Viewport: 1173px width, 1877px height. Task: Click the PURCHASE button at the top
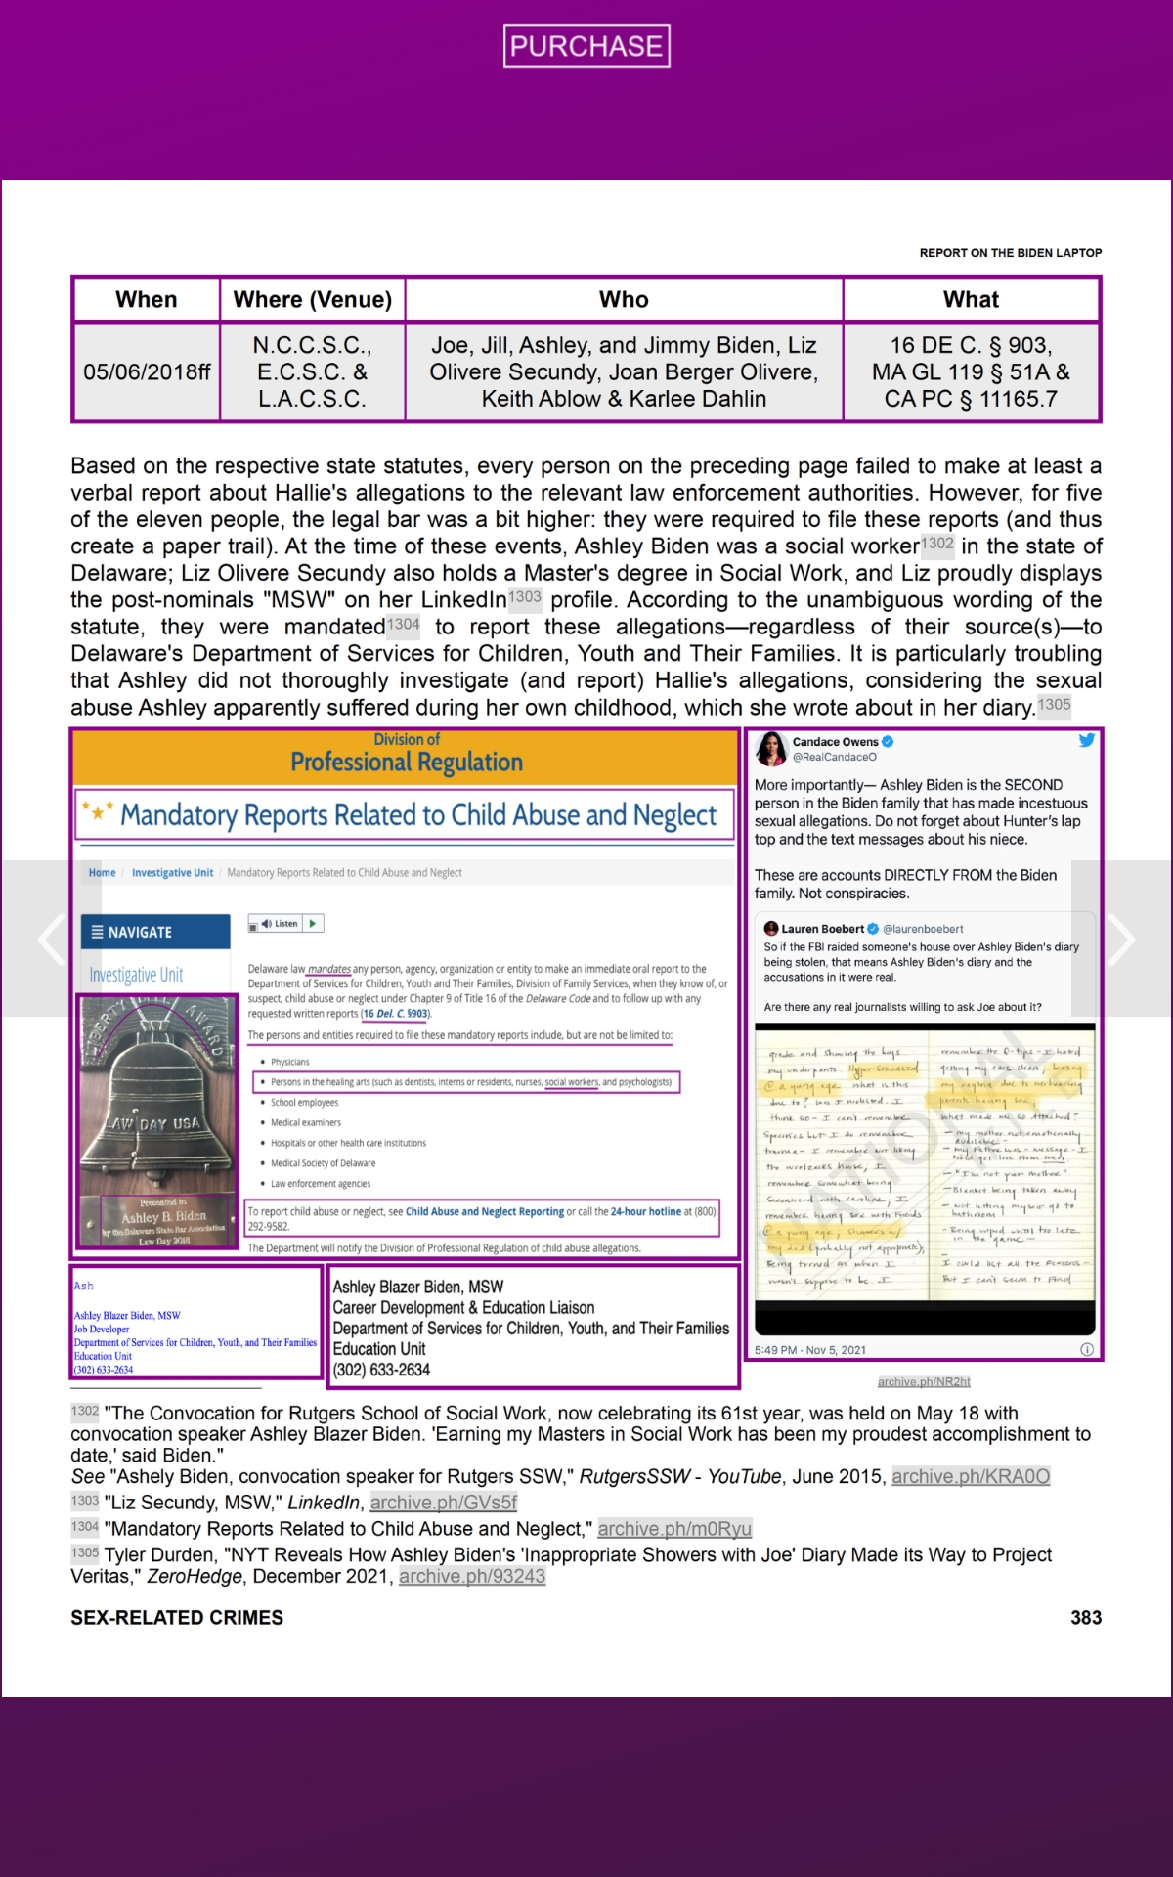point(586,46)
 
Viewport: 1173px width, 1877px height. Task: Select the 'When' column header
point(147,299)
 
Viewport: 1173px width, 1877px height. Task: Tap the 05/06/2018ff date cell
point(147,372)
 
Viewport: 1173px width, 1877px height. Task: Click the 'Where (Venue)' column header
point(313,299)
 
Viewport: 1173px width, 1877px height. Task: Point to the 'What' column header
point(971,299)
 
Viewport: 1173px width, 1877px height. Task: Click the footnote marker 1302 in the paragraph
point(936,544)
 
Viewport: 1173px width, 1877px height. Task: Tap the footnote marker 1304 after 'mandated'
point(403,624)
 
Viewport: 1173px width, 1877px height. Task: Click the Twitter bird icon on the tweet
point(1086,741)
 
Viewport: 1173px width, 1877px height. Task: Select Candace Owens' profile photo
point(771,749)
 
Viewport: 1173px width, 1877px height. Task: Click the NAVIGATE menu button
point(155,932)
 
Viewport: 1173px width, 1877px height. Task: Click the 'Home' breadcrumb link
point(102,873)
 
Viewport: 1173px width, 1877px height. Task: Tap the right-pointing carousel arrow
point(1121,938)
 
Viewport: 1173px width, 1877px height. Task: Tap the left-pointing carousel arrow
point(51,938)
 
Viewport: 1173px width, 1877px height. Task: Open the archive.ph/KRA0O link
point(970,1476)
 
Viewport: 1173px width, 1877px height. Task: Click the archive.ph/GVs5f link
point(443,1503)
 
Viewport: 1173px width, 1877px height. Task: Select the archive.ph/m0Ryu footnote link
point(674,1529)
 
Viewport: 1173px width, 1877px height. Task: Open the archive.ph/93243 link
point(471,1576)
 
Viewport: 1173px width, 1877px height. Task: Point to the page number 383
point(1085,1618)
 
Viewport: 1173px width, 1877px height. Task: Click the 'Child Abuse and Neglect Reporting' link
point(484,1211)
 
